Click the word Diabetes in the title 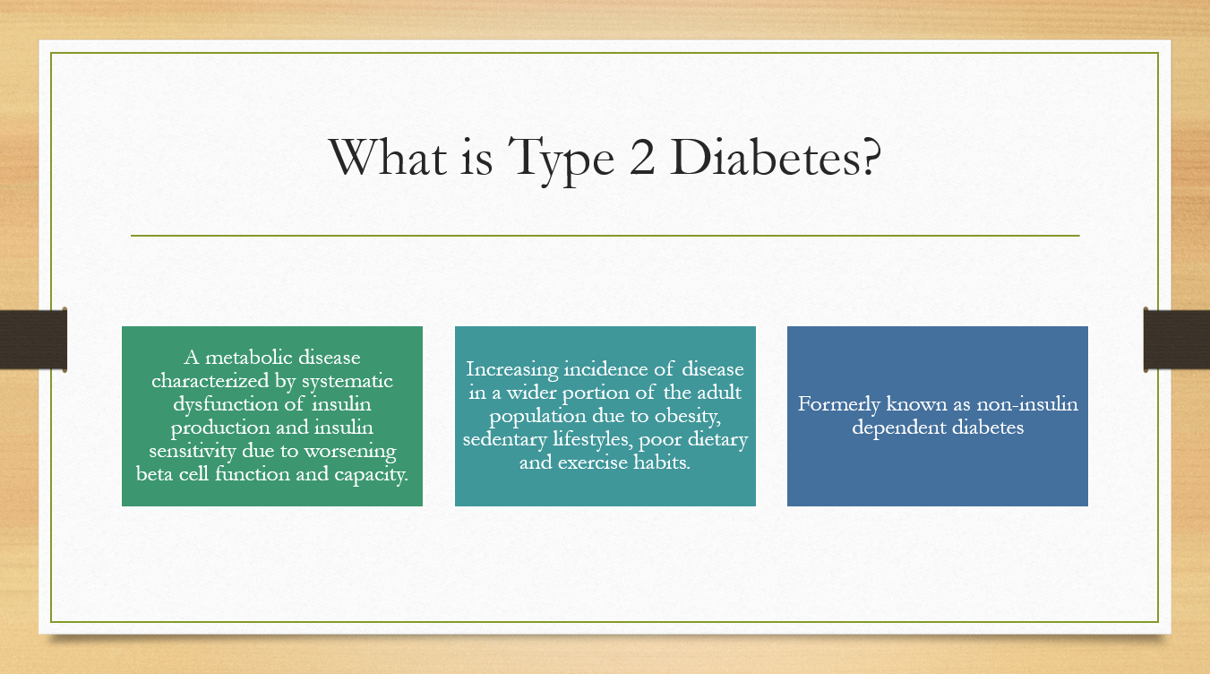[776, 157]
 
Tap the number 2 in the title [642, 157]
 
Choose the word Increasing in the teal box [512, 369]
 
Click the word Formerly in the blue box [839, 405]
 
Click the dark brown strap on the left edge [33, 340]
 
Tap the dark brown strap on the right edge [1177, 340]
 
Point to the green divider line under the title [605, 236]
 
